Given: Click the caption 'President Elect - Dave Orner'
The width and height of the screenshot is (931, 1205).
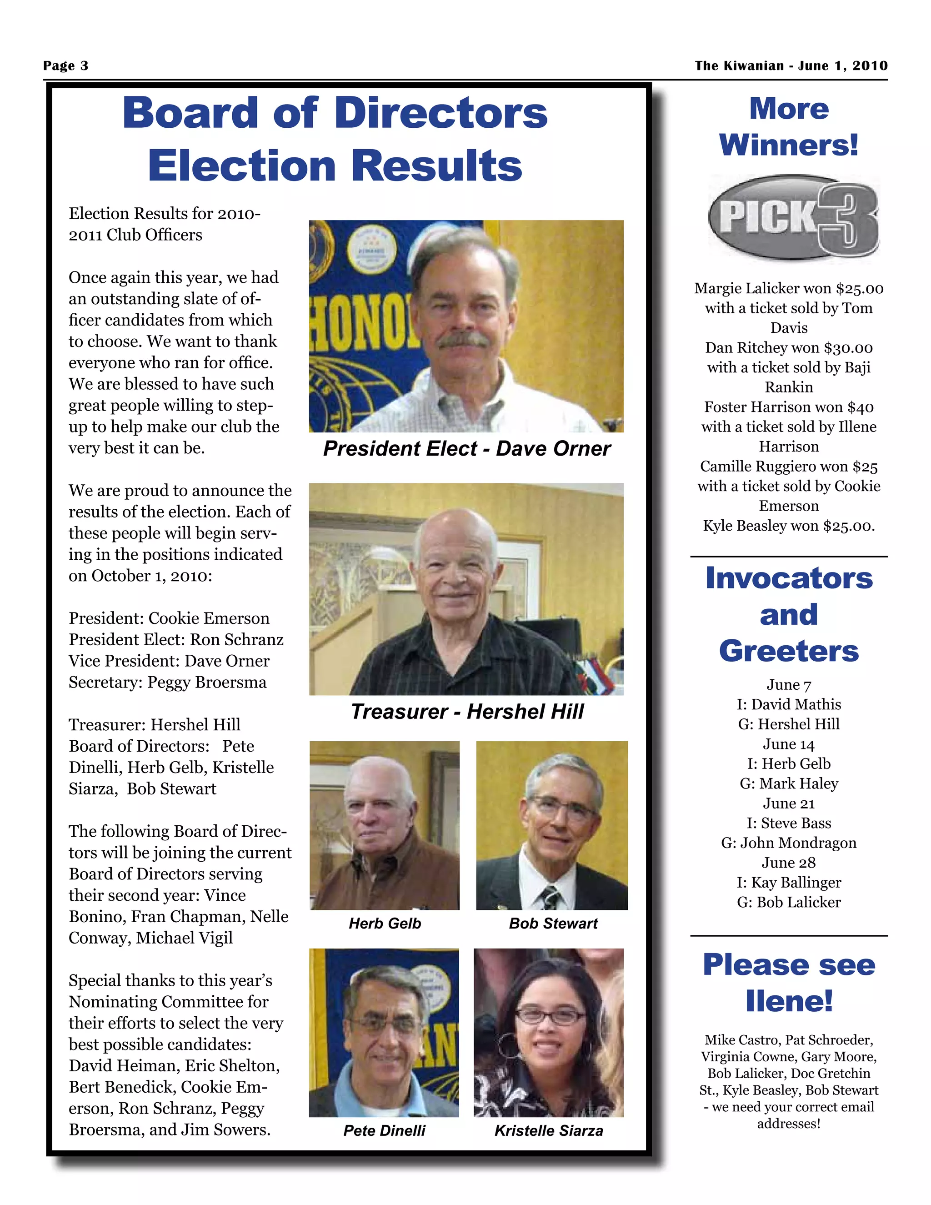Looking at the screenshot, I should click(x=466, y=448).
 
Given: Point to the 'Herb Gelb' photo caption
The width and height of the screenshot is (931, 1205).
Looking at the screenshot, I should click(x=385, y=924).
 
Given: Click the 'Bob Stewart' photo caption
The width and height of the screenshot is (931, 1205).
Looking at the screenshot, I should click(x=553, y=924).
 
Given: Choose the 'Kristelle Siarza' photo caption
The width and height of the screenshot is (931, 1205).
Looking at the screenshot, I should click(x=548, y=1130).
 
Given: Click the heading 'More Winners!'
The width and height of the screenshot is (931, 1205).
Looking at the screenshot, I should click(x=789, y=127).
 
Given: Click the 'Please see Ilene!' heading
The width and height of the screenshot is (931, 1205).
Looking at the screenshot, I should click(x=789, y=983).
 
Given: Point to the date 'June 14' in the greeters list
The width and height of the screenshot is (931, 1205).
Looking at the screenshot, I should click(x=789, y=744).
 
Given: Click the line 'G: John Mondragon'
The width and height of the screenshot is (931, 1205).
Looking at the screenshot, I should click(x=789, y=843).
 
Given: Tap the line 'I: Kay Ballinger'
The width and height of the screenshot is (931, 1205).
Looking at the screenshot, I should click(x=789, y=883).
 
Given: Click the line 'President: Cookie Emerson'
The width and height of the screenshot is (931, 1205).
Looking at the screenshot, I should click(x=169, y=618).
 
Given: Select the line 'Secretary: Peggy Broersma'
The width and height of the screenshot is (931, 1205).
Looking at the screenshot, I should click(x=167, y=683).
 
